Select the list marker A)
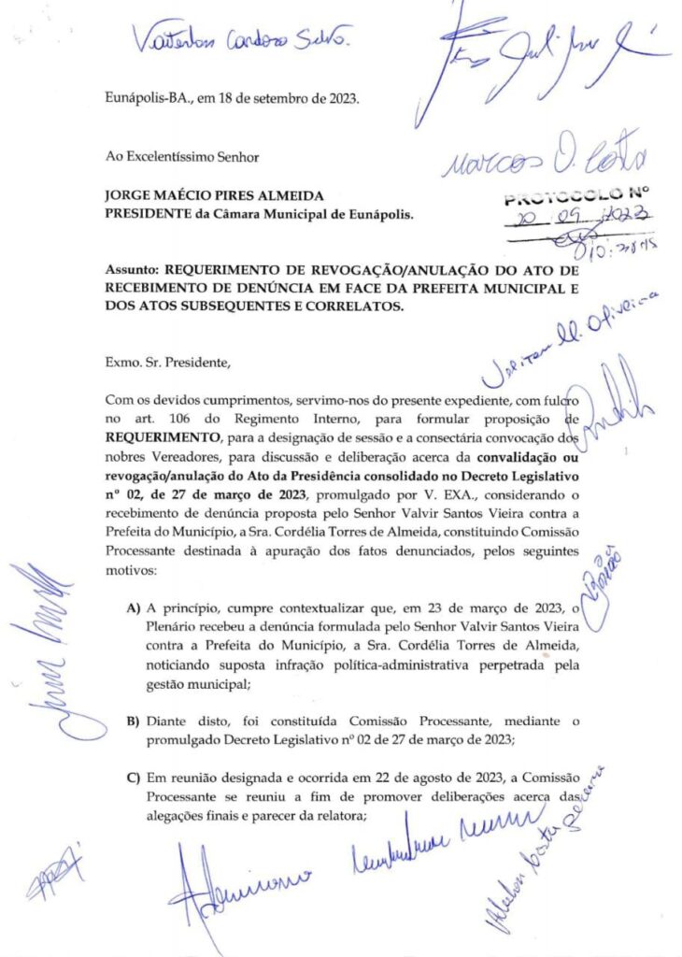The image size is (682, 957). click(133, 608)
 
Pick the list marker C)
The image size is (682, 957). click(133, 779)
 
